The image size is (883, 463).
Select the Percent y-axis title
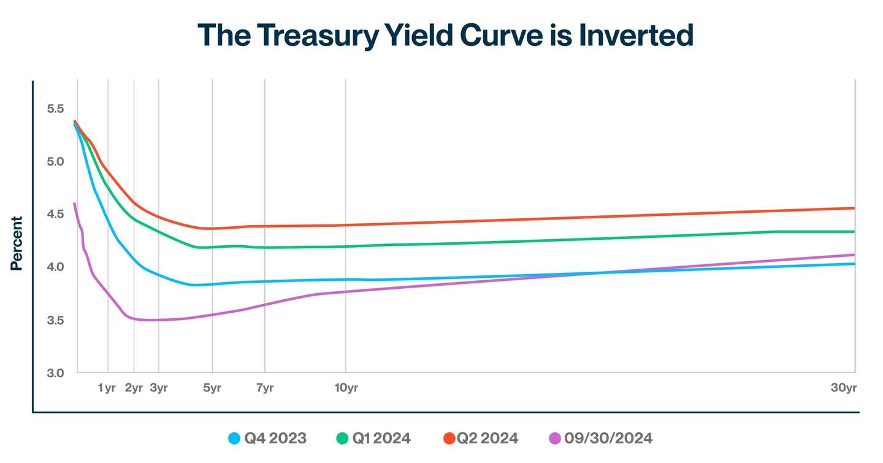[x=17, y=243]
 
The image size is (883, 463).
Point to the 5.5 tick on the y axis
[x=55, y=109]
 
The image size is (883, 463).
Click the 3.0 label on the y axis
[x=55, y=373]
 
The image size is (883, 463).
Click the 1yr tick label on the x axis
[x=107, y=388]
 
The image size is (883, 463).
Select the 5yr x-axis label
[x=212, y=388]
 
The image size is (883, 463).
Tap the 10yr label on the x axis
[x=346, y=388]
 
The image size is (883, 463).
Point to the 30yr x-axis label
[x=844, y=388]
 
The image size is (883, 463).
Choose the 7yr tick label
[x=264, y=388]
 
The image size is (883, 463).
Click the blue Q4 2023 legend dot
[x=234, y=438]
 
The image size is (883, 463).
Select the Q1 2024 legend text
[x=381, y=438]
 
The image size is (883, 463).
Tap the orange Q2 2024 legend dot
[x=449, y=438]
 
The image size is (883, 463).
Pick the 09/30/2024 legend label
[x=608, y=438]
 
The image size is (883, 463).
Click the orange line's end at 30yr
[x=854, y=208]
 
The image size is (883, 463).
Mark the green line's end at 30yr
[x=854, y=231]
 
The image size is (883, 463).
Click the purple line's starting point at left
[x=74, y=204]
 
